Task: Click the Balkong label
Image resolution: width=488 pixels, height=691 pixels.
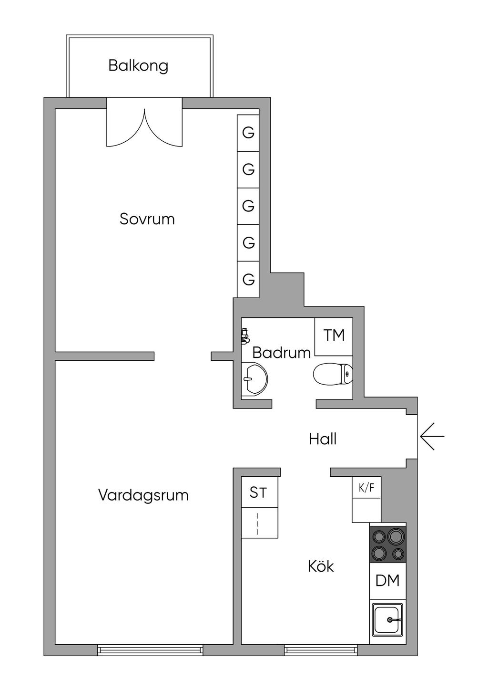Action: pyautogui.click(x=138, y=65)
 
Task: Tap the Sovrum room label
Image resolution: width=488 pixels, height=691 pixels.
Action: pyautogui.click(x=147, y=219)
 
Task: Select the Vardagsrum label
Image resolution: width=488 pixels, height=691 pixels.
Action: pyautogui.click(x=143, y=495)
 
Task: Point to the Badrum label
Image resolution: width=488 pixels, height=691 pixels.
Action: pyautogui.click(x=281, y=353)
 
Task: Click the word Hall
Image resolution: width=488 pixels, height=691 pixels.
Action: pyautogui.click(x=323, y=439)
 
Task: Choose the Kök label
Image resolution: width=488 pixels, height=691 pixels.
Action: pyautogui.click(x=321, y=566)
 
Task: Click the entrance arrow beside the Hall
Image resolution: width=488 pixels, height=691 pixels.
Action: pyautogui.click(x=432, y=436)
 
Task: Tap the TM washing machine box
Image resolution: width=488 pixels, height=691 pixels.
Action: pyautogui.click(x=334, y=336)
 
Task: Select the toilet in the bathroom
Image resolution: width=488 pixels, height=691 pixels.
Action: pyautogui.click(x=333, y=374)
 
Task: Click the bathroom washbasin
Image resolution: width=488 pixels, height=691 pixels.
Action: pyautogui.click(x=254, y=379)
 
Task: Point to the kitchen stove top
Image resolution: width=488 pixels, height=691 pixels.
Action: pyautogui.click(x=388, y=544)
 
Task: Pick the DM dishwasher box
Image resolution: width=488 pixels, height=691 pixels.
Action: pyautogui.click(x=387, y=581)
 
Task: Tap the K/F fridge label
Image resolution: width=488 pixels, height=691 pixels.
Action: pyautogui.click(x=366, y=488)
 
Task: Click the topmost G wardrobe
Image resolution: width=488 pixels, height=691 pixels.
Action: pyautogui.click(x=248, y=133)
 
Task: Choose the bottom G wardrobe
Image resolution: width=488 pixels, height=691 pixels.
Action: pyautogui.click(x=248, y=279)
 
